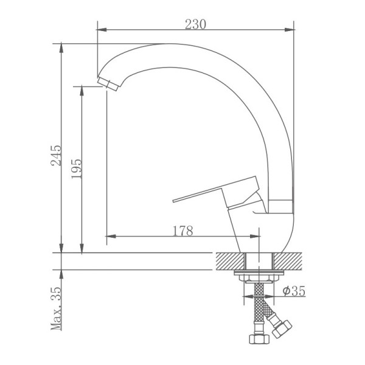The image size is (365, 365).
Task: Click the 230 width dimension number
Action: tap(195, 24)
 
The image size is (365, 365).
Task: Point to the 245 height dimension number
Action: tap(56, 155)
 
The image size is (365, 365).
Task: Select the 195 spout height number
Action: tap(77, 169)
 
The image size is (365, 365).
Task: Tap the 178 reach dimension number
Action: tap(183, 231)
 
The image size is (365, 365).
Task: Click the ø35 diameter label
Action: tap(294, 291)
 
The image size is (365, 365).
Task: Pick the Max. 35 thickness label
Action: tap(56, 308)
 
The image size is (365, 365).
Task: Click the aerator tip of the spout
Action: tap(108, 84)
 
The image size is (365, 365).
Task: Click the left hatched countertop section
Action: tap(231, 261)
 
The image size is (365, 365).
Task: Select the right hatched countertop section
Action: tap(288, 261)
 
